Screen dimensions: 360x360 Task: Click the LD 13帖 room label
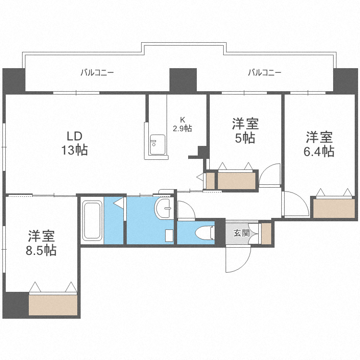click(74, 143)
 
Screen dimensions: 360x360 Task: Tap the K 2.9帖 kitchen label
click(182, 124)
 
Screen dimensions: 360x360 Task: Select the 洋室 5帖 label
click(245, 131)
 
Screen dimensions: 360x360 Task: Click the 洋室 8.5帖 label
click(41, 243)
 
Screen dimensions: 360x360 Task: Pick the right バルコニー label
click(264, 73)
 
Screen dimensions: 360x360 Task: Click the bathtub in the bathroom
click(91, 221)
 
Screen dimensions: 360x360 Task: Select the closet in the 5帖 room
click(237, 180)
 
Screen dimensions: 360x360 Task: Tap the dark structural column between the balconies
click(183, 80)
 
